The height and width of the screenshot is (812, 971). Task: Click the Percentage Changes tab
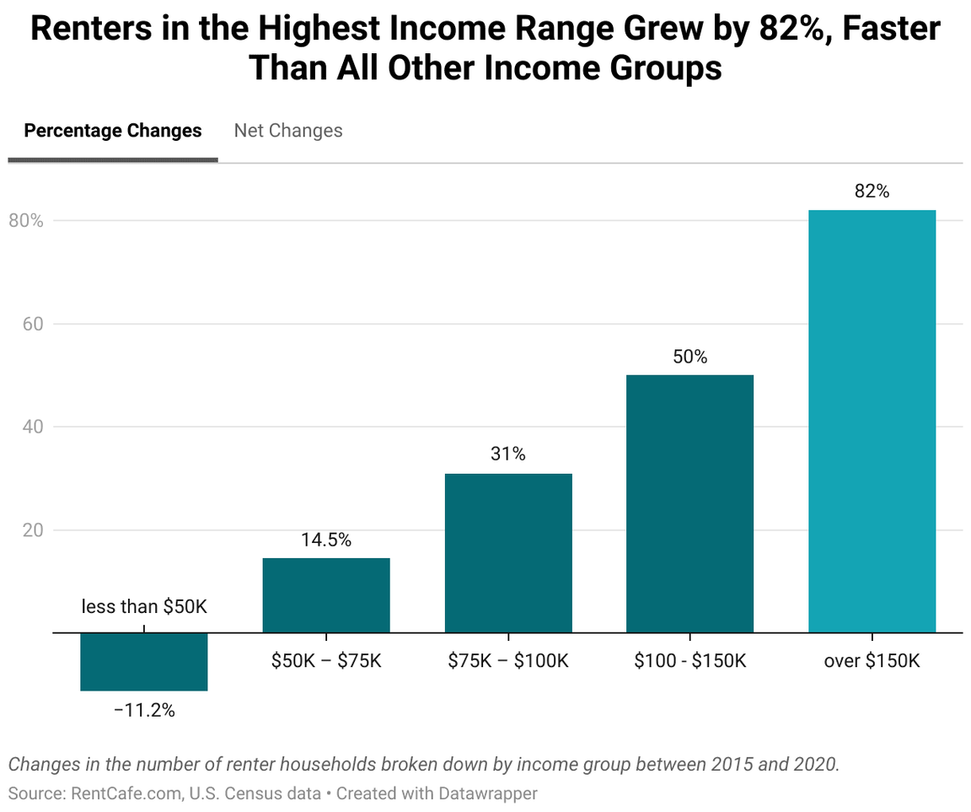(x=113, y=131)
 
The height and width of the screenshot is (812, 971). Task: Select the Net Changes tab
(x=288, y=131)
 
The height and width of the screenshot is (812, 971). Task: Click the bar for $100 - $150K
(x=689, y=503)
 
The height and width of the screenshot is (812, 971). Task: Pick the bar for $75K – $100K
(x=508, y=552)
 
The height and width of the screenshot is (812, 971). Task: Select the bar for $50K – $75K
(x=326, y=594)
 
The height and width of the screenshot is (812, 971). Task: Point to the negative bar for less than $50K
(x=144, y=662)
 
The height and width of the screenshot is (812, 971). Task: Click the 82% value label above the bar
(x=872, y=191)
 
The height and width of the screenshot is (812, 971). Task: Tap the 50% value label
(x=689, y=357)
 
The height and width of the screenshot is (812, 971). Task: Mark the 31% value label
(x=508, y=454)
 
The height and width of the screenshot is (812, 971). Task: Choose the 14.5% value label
(x=326, y=540)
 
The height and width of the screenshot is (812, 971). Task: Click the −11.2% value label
(x=144, y=710)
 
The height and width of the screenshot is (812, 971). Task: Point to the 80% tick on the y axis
(x=25, y=221)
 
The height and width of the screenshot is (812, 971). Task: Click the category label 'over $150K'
(x=872, y=660)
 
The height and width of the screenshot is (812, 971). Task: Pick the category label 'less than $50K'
(x=144, y=606)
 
